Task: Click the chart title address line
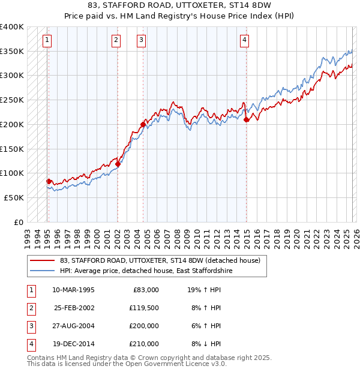(179, 5)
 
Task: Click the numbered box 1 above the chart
(47, 41)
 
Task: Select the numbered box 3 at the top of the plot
(141, 41)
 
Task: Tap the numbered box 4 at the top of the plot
(245, 41)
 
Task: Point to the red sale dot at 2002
(118, 164)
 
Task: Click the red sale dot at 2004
(143, 125)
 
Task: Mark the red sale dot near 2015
(246, 119)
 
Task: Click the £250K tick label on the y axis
(12, 100)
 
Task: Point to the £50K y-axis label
(14, 197)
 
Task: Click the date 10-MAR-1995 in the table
(73, 290)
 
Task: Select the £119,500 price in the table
(144, 308)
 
